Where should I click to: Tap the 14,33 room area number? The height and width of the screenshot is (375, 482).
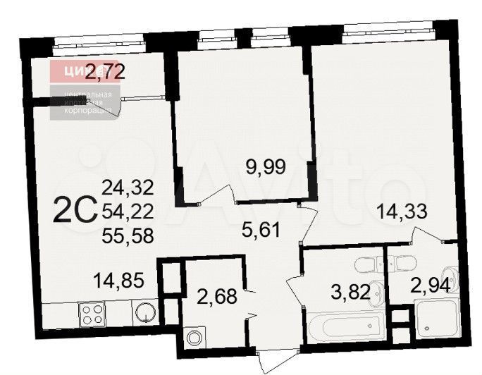402,209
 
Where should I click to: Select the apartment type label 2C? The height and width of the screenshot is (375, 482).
74,209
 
